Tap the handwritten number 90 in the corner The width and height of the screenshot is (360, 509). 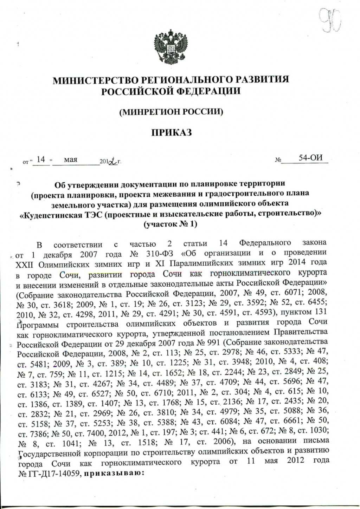click(330, 21)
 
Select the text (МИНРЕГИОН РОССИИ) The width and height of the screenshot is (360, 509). click(171, 112)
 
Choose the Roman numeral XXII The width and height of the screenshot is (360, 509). click(25, 263)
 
